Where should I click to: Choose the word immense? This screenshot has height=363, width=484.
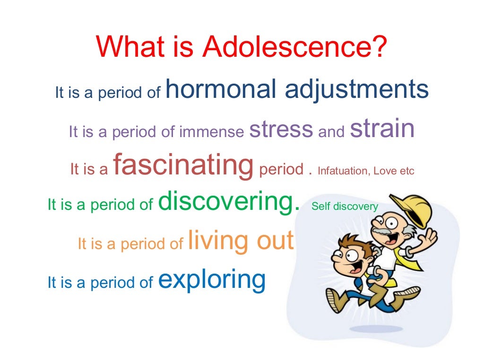pos(212,132)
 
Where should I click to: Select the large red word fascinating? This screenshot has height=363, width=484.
pos(183,165)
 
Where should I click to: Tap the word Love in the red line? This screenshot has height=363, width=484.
pos(384,171)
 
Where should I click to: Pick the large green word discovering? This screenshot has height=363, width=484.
pos(229,202)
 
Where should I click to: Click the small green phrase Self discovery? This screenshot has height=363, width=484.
pos(345,207)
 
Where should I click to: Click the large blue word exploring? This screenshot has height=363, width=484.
pos(212,280)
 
